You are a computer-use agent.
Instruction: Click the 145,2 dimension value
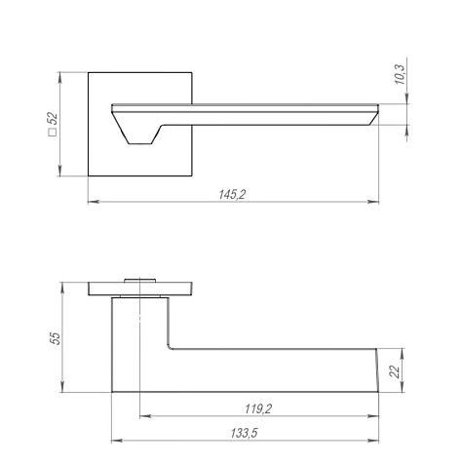point(232,195)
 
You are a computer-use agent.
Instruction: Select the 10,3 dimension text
point(400,75)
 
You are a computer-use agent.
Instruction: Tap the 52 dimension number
point(53,119)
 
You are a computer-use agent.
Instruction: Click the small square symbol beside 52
point(53,132)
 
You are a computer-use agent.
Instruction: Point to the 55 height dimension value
point(56,338)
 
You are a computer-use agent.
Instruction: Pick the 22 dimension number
point(395,371)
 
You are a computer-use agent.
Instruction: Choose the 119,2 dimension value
point(258,408)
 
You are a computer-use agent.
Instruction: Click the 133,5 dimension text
point(245,433)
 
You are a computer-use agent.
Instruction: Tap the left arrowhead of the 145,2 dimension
point(94,202)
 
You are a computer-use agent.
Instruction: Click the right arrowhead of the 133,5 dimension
point(373,441)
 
